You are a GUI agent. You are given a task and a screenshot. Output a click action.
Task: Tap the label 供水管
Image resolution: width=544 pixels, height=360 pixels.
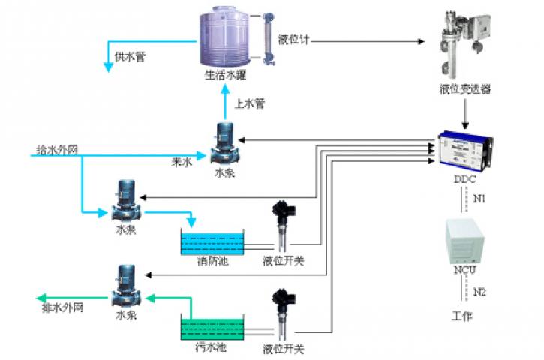pos(130,55)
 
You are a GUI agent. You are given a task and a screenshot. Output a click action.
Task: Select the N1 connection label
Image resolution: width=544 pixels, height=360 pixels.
pos(480,199)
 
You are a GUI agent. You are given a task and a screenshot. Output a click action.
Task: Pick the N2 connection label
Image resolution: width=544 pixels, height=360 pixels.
pos(480,291)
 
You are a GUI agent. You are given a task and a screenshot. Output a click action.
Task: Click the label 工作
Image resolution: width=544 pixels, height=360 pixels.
pos(463,316)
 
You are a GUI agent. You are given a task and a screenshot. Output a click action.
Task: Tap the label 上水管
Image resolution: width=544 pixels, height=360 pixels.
pos(250,103)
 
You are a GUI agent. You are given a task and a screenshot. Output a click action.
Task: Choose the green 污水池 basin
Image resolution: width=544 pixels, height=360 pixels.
pos(212,328)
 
